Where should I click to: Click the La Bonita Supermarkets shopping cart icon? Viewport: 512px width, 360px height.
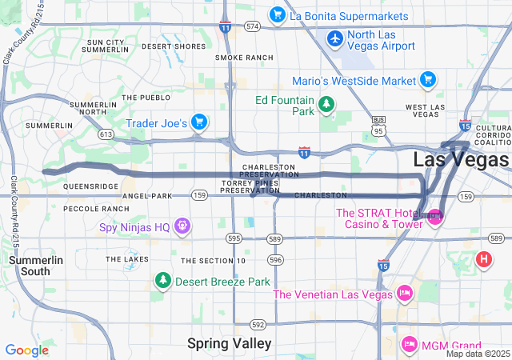pyautogui.click(x=278, y=15)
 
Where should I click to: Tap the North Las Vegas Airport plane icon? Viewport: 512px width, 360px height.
pyautogui.click(x=335, y=38)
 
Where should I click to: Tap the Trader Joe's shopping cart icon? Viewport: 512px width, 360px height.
pyautogui.click(x=198, y=122)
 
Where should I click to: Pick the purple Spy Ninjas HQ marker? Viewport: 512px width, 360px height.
pyautogui.click(x=183, y=227)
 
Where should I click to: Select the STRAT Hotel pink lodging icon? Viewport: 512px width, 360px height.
pyautogui.click(x=435, y=216)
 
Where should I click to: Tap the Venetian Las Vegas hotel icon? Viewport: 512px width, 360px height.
pyautogui.click(x=404, y=294)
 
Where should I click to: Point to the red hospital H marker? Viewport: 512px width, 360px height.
pyautogui.click(x=483, y=259)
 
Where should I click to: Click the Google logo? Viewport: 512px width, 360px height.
pyautogui.click(x=26, y=350)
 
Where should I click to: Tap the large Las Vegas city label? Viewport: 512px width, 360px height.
pyautogui.click(x=462, y=158)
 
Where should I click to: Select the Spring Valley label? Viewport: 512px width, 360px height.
pyautogui.click(x=229, y=343)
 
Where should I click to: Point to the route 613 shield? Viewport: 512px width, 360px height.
pyautogui.click(x=106, y=134)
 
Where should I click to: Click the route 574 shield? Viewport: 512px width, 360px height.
pyautogui.click(x=253, y=26)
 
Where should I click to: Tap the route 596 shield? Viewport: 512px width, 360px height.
pyautogui.click(x=276, y=260)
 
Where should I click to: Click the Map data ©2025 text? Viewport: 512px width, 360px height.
pyautogui.click(x=477, y=354)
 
